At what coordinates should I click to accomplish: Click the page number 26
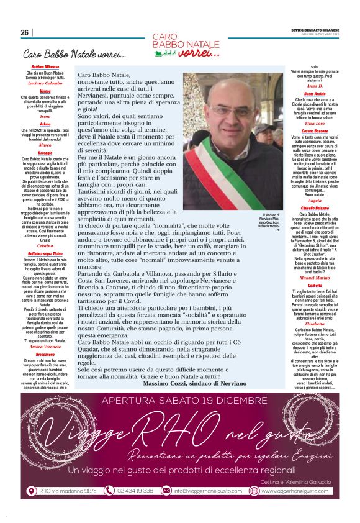[x=24, y=32]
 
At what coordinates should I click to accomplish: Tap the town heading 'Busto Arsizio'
[x=319, y=93]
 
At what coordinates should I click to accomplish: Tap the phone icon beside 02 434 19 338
[x=109, y=490]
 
